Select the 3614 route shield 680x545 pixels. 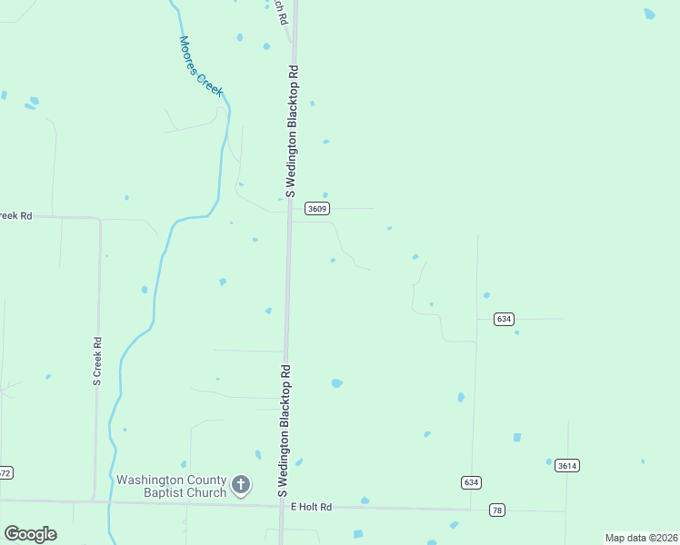click(x=566, y=465)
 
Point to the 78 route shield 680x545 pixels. click(x=496, y=510)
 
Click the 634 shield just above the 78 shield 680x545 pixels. click(x=470, y=481)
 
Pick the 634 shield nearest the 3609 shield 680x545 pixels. click(x=505, y=319)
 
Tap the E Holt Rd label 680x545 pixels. click(x=311, y=507)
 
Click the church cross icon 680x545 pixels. click(x=241, y=485)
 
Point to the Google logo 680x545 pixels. click(x=30, y=534)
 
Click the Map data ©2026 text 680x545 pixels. click(x=640, y=538)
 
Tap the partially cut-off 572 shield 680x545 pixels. click(x=5, y=472)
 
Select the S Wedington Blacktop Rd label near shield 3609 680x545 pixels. click(x=292, y=131)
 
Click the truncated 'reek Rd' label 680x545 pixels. click(x=15, y=216)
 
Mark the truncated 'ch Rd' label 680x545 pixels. click(x=282, y=12)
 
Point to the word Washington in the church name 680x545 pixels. click(x=150, y=479)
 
